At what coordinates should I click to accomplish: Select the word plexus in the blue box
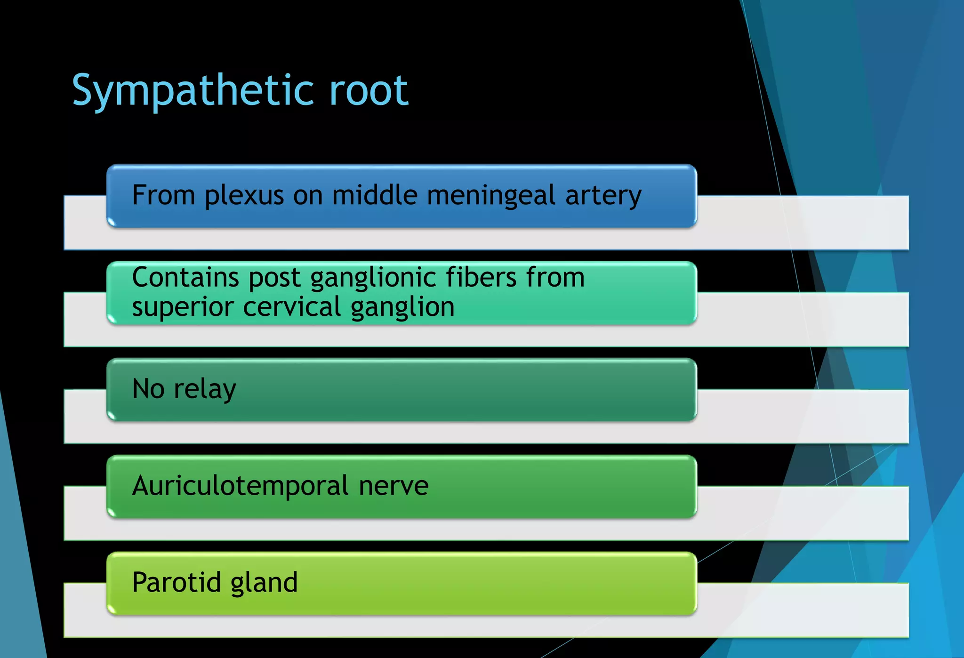click(x=244, y=196)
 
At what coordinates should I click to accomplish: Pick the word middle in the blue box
click(x=374, y=195)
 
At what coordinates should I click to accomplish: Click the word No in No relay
click(x=148, y=389)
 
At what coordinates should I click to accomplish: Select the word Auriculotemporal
click(x=241, y=486)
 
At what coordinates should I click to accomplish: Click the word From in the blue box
click(x=163, y=195)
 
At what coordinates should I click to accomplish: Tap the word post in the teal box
click(x=274, y=278)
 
